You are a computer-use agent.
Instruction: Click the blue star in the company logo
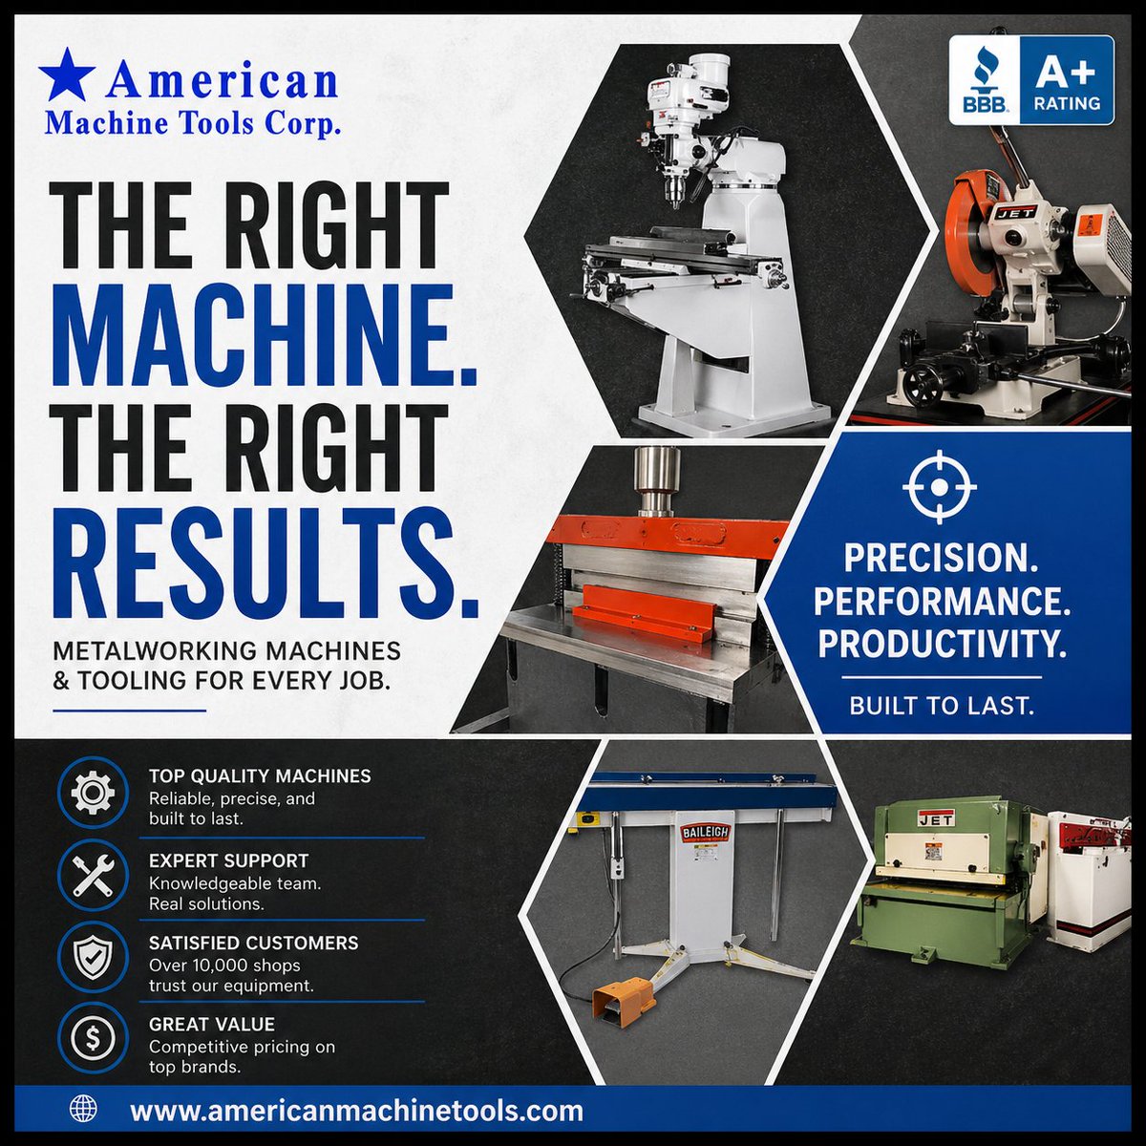[x=67, y=74]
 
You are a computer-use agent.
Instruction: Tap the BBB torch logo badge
[x=985, y=79]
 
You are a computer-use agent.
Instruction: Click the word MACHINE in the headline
[x=264, y=335]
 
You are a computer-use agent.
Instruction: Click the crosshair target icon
[x=939, y=487]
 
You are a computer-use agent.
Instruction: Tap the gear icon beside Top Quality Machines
[x=93, y=793]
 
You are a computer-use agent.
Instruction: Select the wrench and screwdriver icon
[x=93, y=875]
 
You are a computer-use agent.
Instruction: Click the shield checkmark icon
[x=93, y=958]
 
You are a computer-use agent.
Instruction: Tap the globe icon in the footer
[x=83, y=1108]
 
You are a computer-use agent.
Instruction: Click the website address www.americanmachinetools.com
[x=357, y=1110]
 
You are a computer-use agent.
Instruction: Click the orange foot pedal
[x=619, y=1000]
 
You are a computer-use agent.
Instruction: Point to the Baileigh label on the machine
[x=705, y=832]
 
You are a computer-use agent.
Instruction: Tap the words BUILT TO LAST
[x=942, y=706]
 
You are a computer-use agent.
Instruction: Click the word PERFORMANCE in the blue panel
[x=942, y=602]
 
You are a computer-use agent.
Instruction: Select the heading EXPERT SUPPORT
[x=229, y=860]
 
